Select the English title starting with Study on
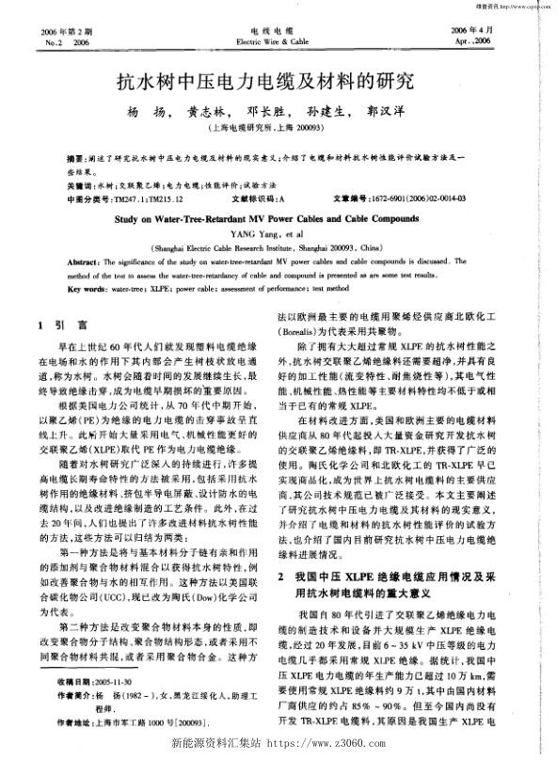pyautogui.click(x=278, y=216)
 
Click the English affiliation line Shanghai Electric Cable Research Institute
pyautogui.click(x=278, y=244)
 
